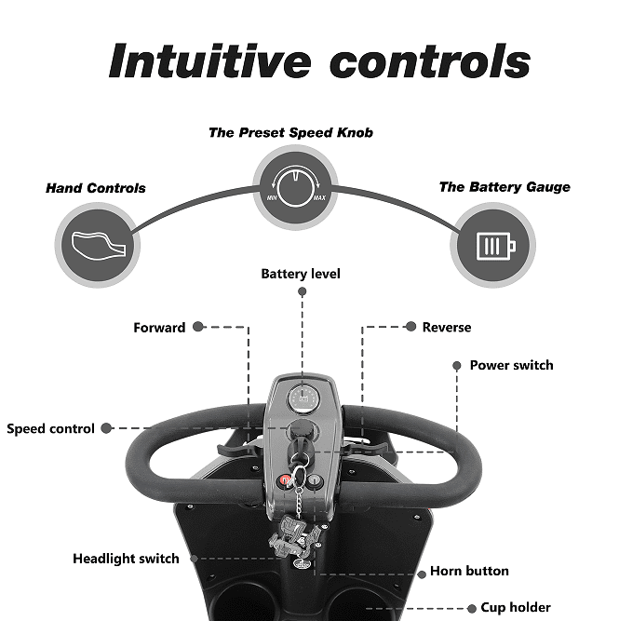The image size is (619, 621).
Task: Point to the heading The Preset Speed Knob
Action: [290, 132]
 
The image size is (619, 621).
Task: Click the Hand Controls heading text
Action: [96, 188]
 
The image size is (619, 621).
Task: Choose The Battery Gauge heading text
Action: [505, 187]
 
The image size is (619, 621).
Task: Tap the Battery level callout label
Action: [301, 274]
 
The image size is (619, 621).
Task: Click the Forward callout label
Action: [159, 328]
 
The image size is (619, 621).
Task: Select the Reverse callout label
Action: [447, 328]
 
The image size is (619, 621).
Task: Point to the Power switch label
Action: [511, 365]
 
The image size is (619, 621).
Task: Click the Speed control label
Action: [50, 429]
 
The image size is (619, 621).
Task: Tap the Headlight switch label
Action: [126, 560]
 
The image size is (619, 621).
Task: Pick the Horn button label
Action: [469, 572]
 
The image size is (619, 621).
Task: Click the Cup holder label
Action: [516, 608]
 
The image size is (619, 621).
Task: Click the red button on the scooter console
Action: [286, 480]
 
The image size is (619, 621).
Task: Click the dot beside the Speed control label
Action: [106, 428]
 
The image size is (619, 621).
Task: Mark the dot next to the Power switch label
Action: [456, 366]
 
